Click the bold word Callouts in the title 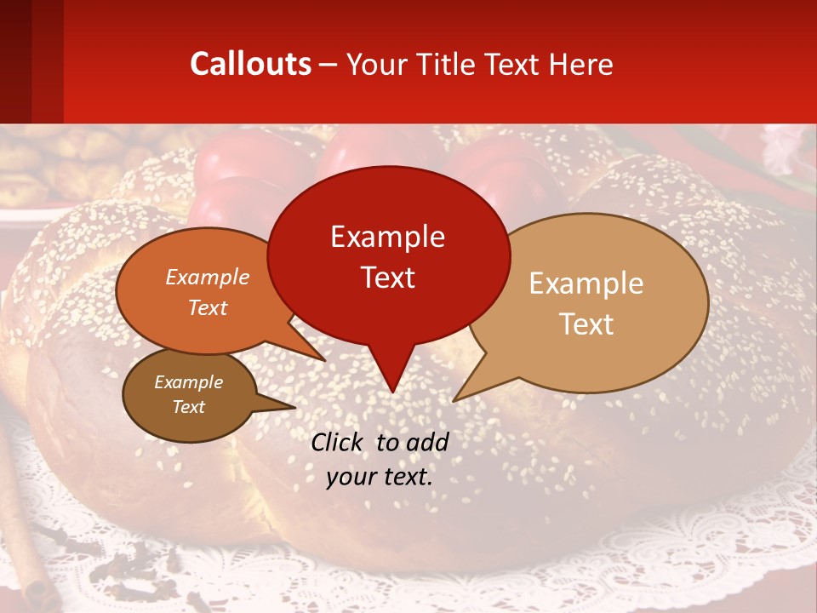pyautogui.click(x=250, y=64)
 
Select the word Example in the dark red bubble pyautogui.click(x=387, y=237)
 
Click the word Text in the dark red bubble pyautogui.click(x=387, y=277)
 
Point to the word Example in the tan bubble pyautogui.click(x=586, y=284)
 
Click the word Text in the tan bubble pyautogui.click(x=586, y=324)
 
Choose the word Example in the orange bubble pyautogui.click(x=207, y=277)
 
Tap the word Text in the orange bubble pyautogui.click(x=207, y=307)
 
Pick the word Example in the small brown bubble pyautogui.click(x=188, y=382)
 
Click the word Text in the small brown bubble pyautogui.click(x=188, y=407)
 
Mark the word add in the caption pyautogui.click(x=428, y=442)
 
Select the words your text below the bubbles pyautogui.click(x=379, y=477)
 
